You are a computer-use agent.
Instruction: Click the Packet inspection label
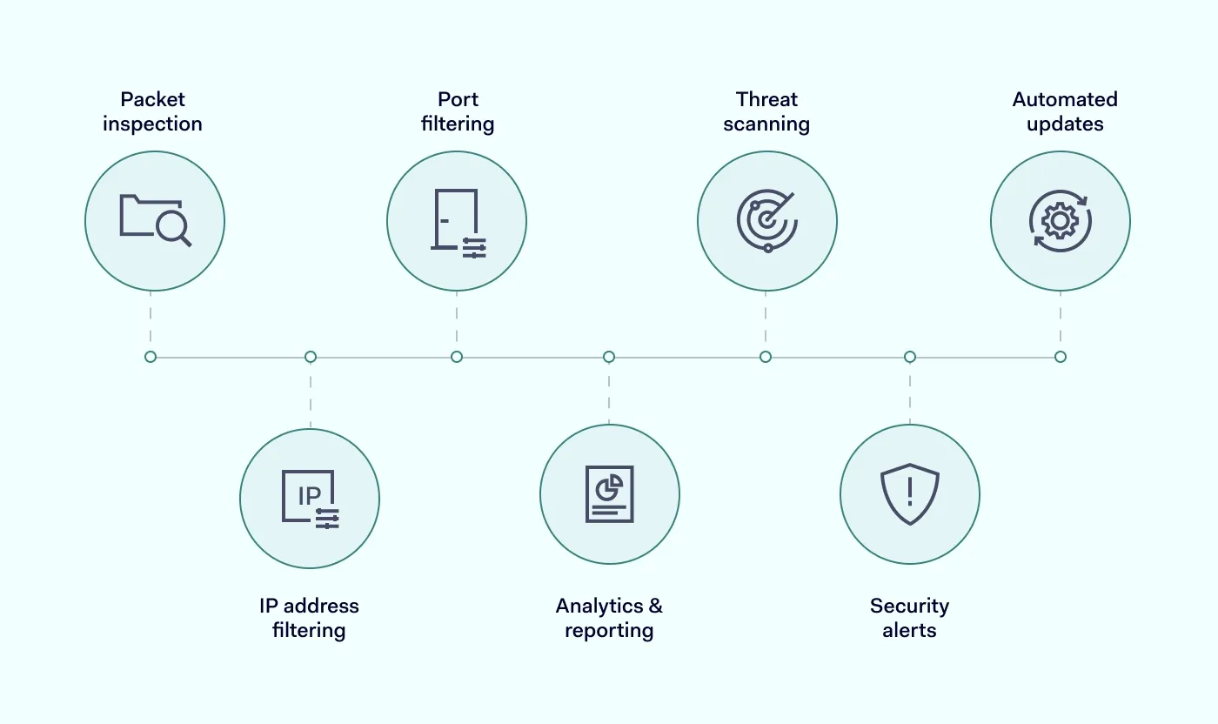coord(152,111)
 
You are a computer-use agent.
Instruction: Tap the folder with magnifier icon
coord(155,221)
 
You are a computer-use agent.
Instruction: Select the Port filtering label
coord(458,111)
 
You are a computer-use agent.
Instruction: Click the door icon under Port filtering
coord(457,222)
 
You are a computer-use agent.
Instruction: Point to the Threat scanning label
coord(766,111)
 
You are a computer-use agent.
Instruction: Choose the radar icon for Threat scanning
coord(766,221)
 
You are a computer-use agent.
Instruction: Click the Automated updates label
coord(1065,111)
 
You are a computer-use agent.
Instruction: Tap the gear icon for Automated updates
coord(1060,221)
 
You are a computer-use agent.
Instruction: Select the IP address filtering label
coord(309,618)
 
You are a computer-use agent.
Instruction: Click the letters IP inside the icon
coord(309,495)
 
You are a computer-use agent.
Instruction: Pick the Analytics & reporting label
coord(609,618)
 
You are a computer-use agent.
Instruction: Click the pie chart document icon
coord(609,494)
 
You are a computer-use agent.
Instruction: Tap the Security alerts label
coord(909,618)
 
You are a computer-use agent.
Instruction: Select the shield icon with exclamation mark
coord(910,494)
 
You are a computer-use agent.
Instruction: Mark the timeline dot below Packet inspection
coord(151,357)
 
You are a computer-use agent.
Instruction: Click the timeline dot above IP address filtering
coord(311,357)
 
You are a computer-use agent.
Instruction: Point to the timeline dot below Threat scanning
coord(766,357)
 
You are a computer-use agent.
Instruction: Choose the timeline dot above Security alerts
coord(910,357)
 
